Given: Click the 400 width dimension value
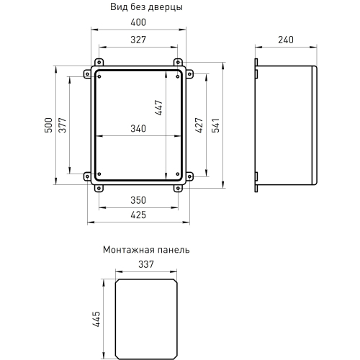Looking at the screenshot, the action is (138, 22).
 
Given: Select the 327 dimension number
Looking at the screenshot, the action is (138, 40).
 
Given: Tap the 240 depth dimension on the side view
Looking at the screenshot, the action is (286, 40).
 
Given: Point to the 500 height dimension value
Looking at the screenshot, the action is (48, 125).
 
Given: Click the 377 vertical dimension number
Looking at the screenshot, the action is (63, 125).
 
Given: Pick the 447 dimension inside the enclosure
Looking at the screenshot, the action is (158, 108).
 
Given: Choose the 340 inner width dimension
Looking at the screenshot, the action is (138, 129).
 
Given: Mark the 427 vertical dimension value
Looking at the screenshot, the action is (199, 125).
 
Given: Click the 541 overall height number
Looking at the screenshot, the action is (215, 125).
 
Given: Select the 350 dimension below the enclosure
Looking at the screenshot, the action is (138, 200).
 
